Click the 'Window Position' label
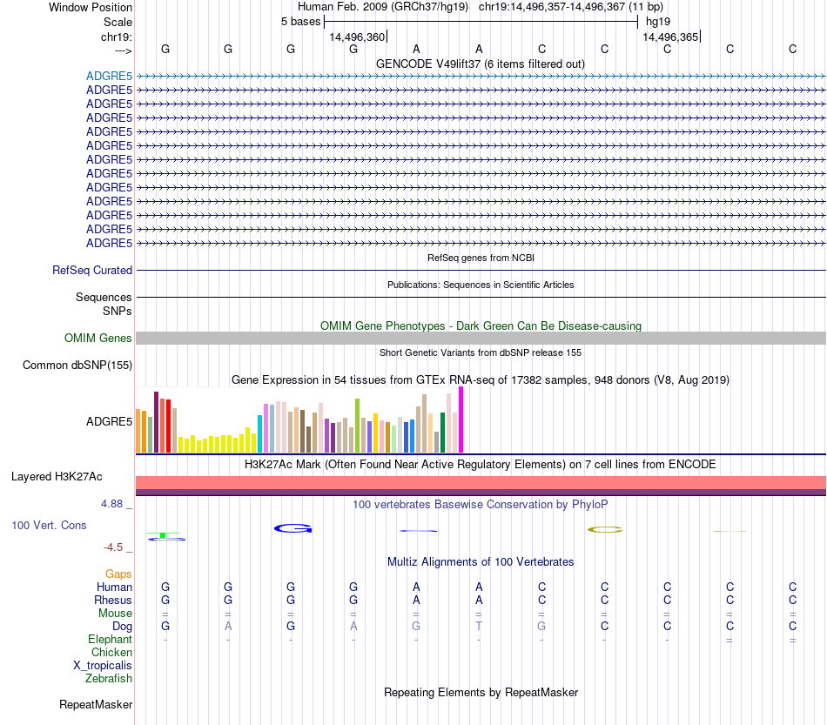tap(91, 7)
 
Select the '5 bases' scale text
tap(300, 22)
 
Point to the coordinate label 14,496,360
tap(357, 37)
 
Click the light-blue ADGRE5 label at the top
tap(109, 76)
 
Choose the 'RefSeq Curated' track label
tap(92, 271)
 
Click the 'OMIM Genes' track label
tap(98, 339)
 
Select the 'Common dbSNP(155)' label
tap(77, 366)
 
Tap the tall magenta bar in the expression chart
tap(461, 420)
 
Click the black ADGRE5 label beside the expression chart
tap(109, 422)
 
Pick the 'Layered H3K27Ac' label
tap(57, 477)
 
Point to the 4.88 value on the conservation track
tap(116, 504)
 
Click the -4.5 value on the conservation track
tap(116, 547)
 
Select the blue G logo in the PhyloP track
tap(292, 528)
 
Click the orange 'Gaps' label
tap(118, 574)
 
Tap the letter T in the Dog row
tap(479, 627)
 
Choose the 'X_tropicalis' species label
tap(103, 666)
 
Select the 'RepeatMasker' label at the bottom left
tap(96, 704)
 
